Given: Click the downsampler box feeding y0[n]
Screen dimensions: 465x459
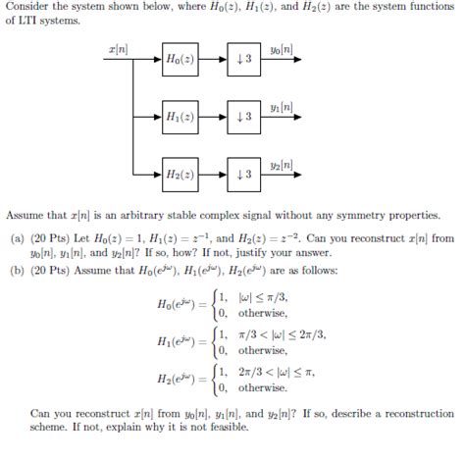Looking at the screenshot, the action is coord(243,60).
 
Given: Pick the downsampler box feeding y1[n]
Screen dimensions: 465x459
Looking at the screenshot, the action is coord(243,117).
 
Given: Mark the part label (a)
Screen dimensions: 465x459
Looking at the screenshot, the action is coord(17,238).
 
